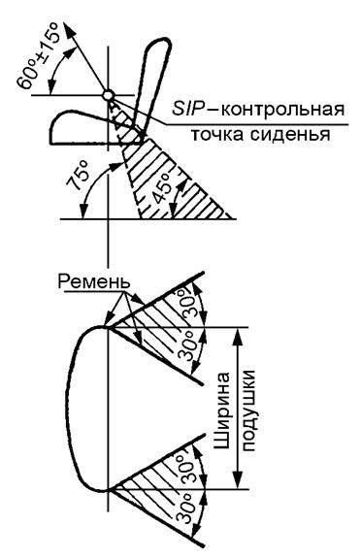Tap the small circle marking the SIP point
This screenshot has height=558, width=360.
click(110, 95)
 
